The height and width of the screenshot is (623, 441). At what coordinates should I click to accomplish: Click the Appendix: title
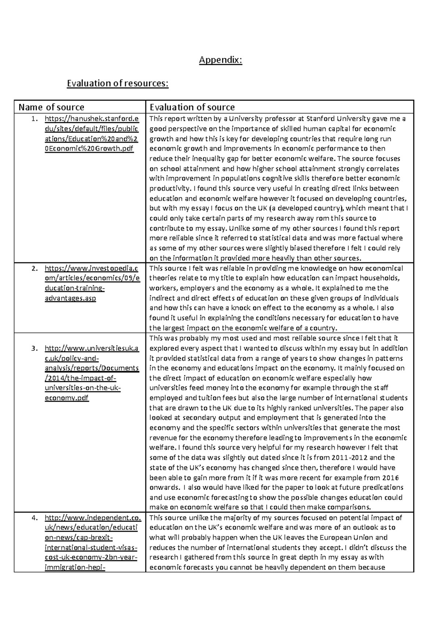point(220,60)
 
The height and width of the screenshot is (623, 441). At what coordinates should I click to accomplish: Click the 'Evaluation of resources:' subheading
point(117,83)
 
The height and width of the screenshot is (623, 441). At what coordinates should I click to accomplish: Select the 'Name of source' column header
point(51,107)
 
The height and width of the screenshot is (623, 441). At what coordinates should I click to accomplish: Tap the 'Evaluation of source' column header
point(192,107)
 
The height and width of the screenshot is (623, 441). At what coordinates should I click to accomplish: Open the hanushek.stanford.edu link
point(92,134)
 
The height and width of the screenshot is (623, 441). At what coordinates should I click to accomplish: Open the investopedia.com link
point(92,283)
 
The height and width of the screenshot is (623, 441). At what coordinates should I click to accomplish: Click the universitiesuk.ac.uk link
point(92,373)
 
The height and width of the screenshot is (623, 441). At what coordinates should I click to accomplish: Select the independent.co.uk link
point(92,543)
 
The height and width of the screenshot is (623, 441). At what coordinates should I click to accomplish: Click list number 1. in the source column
point(34,119)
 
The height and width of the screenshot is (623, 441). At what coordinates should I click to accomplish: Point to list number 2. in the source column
point(34,269)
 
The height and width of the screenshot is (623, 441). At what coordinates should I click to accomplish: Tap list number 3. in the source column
point(34,349)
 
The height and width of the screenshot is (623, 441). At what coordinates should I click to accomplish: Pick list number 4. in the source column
point(34,518)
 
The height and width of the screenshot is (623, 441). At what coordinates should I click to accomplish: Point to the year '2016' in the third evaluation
point(390,478)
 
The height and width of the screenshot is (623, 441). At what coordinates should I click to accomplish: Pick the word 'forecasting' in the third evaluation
point(229,498)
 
